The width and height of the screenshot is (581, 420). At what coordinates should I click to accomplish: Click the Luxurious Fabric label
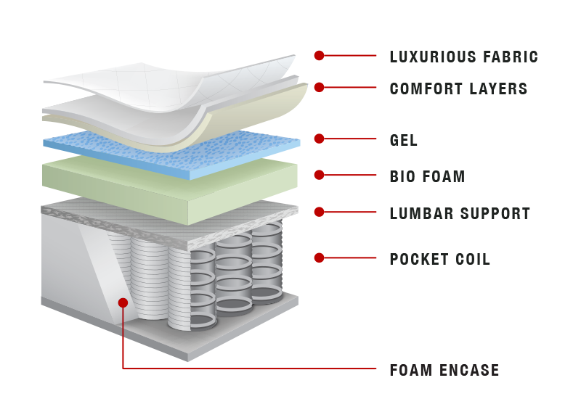pos(464,57)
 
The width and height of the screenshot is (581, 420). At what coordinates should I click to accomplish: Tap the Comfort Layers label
pos(459,88)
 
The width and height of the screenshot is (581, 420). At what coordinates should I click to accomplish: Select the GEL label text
pos(404,140)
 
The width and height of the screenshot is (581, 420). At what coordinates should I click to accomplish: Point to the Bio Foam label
pos(427,176)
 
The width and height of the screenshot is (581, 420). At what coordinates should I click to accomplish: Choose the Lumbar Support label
pos(460,213)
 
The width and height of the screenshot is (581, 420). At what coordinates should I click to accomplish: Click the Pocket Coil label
pos(440,260)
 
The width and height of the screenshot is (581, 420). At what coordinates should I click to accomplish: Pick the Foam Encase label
pos(444,370)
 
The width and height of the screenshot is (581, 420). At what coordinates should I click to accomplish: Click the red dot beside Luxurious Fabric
pos(319,56)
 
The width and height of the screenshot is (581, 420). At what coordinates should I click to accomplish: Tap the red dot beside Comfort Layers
pos(319,87)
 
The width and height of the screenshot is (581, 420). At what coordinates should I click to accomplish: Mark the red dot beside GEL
pos(319,139)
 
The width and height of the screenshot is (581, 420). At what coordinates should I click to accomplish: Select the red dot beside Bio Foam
pos(319,175)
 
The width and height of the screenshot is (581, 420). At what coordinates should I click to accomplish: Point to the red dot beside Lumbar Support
pos(319,212)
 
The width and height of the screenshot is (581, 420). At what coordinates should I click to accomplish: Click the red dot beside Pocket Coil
pos(319,258)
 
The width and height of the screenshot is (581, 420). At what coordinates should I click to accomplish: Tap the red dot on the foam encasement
pos(123,302)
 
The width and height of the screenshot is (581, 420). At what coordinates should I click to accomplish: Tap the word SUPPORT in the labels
pos(495,213)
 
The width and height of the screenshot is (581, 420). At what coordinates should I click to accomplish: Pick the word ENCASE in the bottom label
pos(469,370)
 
